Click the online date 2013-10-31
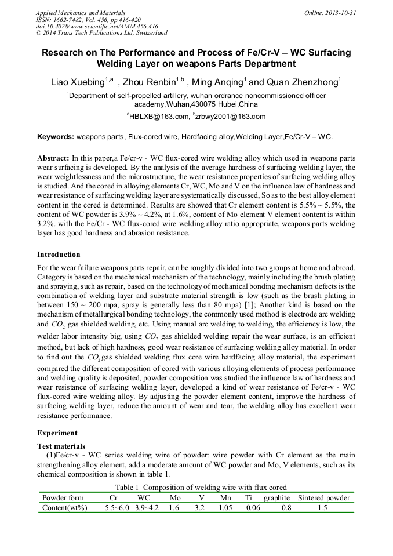click(x=341, y=13)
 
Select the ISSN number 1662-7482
click(x=72, y=20)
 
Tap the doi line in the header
click(x=97, y=27)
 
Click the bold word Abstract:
click(x=53, y=158)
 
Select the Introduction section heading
click(x=59, y=255)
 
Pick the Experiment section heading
click(x=56, y=433)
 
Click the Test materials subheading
click(x=61, y=446)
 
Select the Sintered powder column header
click(x=323, y=497)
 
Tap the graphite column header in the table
click(x=276, y=497)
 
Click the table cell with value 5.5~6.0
click(x=118, y=508)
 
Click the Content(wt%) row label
click(x=65, y=508)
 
